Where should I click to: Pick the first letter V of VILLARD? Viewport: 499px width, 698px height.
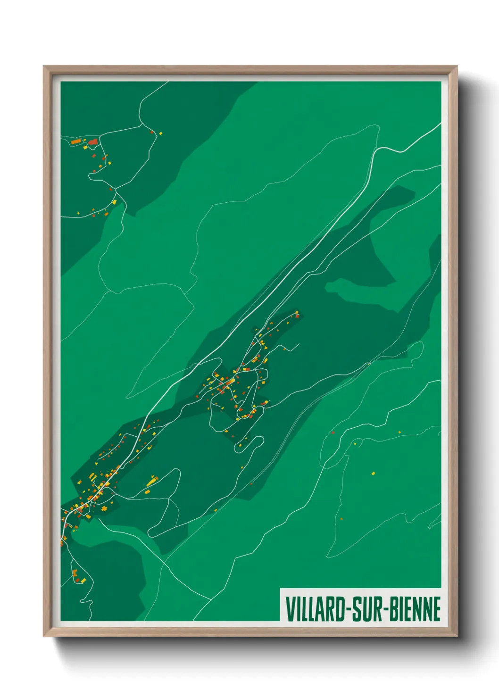[x=289, y=608]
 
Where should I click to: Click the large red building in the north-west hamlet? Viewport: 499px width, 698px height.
[x=93, y=141]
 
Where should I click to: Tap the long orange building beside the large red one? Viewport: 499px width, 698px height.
[x=76, y=141]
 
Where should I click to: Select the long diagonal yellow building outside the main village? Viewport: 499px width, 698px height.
[x=151, y=481]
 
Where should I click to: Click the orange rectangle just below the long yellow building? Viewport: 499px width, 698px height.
[x=147, y=492]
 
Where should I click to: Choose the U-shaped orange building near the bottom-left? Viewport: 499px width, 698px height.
[x=75, y=573]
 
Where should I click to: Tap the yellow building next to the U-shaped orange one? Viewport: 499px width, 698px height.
[x=82, y=580]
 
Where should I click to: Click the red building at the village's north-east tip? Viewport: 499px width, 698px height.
[x=297, y=316]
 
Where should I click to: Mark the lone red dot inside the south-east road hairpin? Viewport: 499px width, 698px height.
[x=341, y=519]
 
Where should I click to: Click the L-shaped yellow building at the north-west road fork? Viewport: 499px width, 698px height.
[x=114, y=201]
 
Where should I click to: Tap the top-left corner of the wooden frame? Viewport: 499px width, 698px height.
[x=44, y=67]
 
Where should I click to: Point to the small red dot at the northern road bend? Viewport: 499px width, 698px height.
[x=152, y=132]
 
